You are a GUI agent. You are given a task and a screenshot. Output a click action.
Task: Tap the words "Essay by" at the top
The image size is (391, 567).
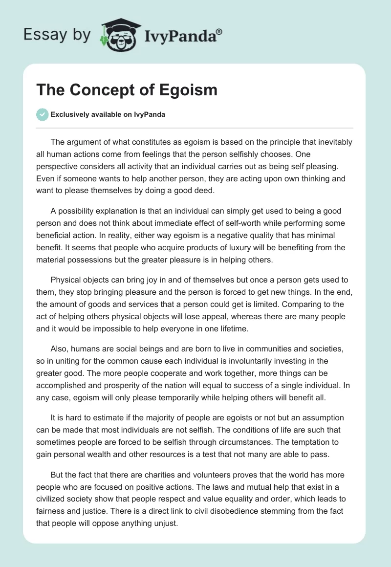pyautogui.click(x=56, y=35)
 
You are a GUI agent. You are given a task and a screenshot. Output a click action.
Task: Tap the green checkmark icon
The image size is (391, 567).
pyautogui.click(x=42, y=115)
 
